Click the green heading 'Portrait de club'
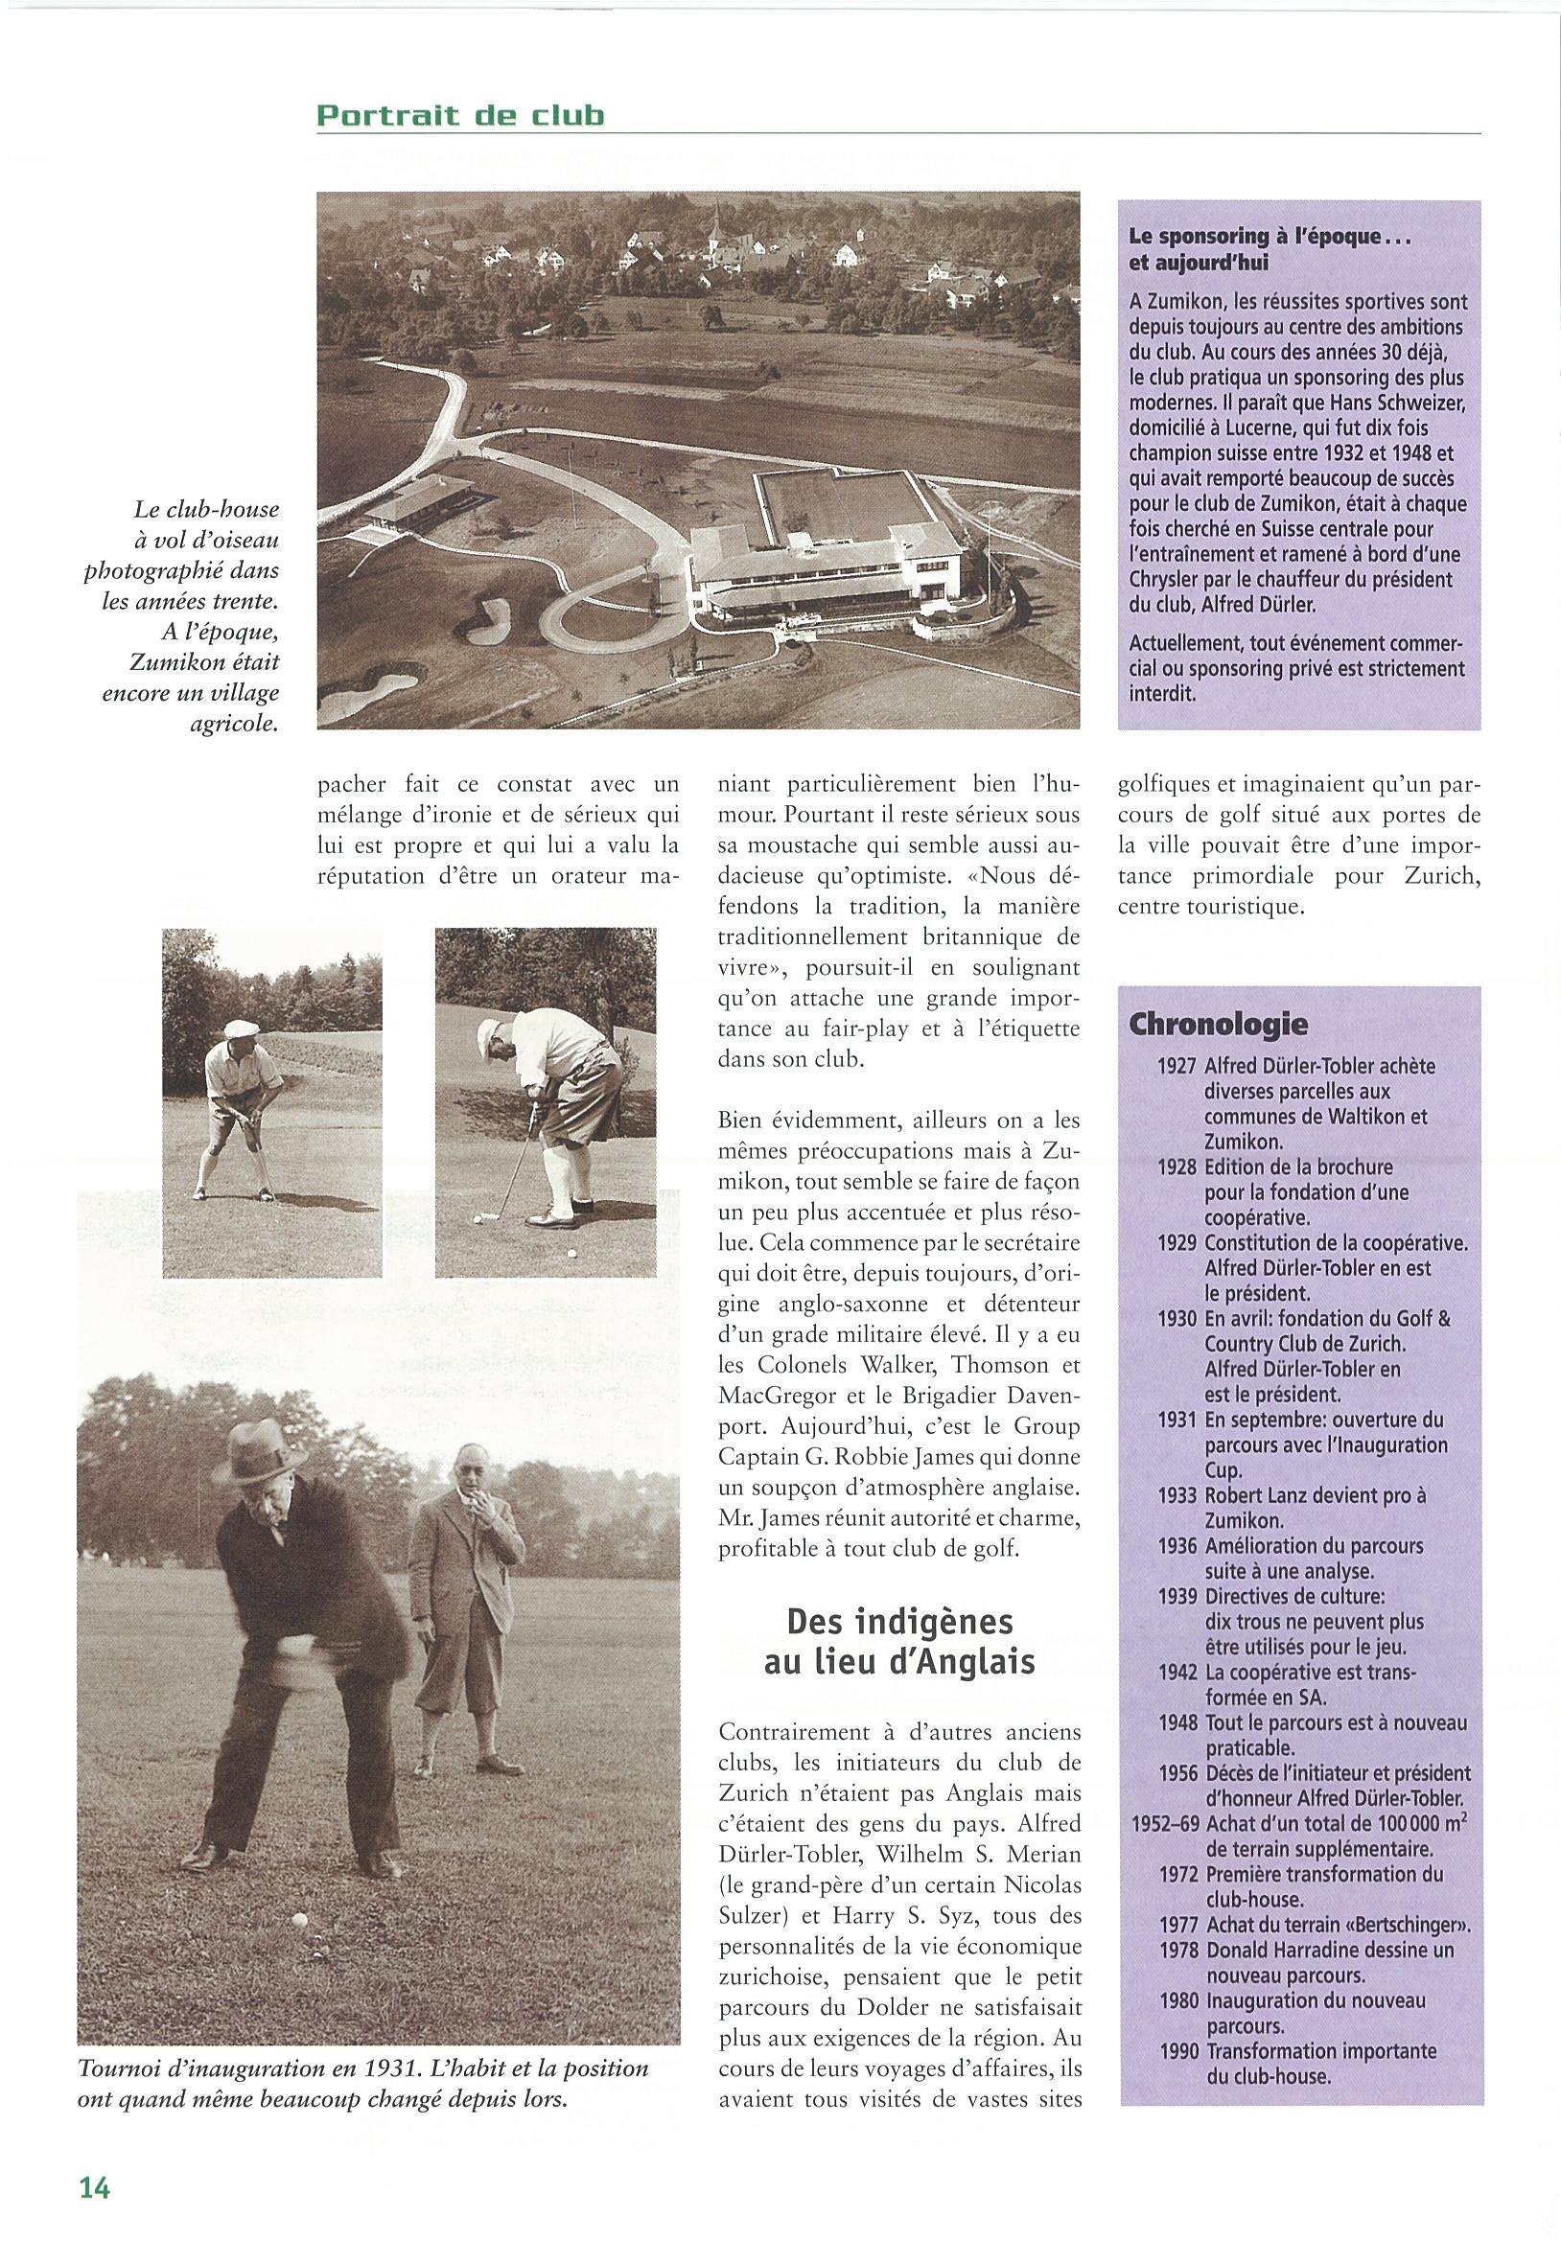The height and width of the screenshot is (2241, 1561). coord(461,116)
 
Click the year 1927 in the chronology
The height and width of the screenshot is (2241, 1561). coord(1177,1066)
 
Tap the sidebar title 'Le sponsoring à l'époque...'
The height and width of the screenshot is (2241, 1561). coord(1270,237)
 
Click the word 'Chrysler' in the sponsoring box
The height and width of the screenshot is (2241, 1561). coord(1166,580)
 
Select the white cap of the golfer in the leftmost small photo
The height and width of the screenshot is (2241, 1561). coord(239,1029)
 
